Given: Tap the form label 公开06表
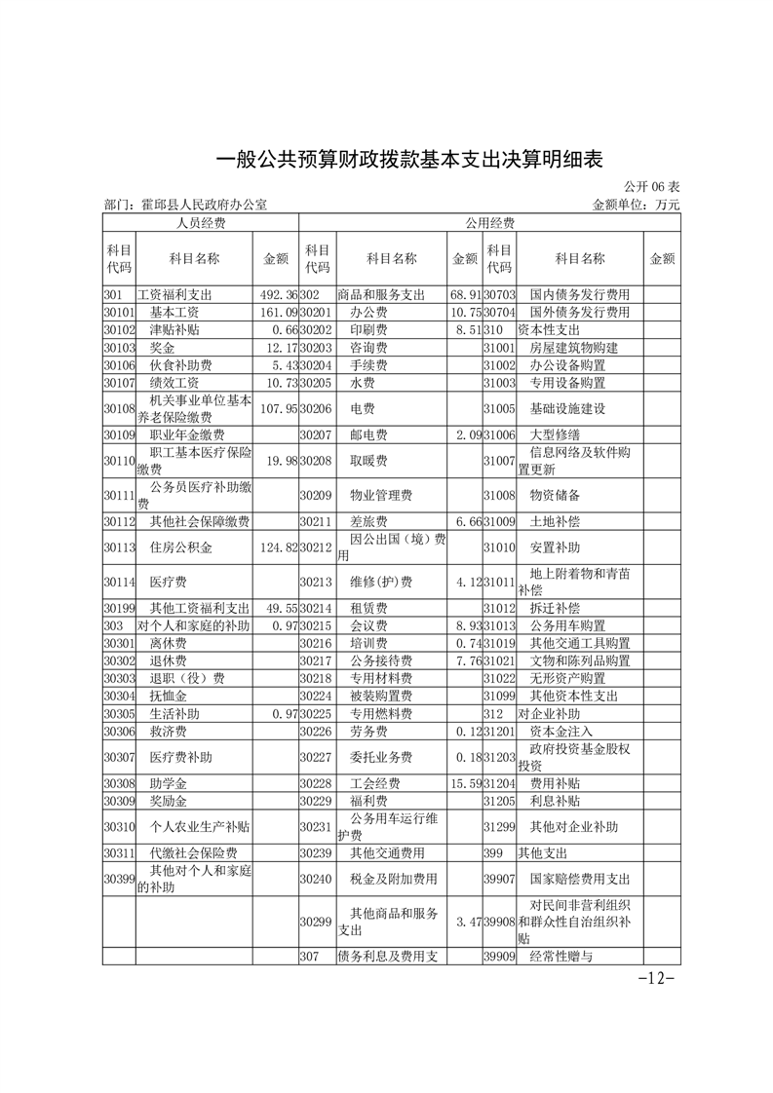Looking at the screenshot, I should (652, 186).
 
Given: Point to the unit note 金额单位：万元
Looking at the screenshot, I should (635, 206).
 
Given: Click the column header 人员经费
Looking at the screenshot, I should (200, 223).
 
